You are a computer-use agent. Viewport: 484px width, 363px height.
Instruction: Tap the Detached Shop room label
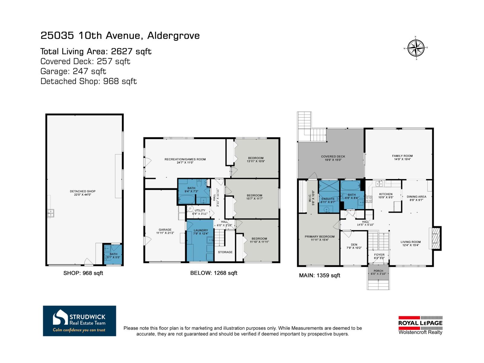pyautogui.click(x=83, y=191)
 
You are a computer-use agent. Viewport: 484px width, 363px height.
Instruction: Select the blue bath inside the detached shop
pyautogui.click(x=113, y=254)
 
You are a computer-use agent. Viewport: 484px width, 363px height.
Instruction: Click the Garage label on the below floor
pyautogui.click(x=165, y=230)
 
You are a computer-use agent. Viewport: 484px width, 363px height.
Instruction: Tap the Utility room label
pyautogui.click(x=200, y=211)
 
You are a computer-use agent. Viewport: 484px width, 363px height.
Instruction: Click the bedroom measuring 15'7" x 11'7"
pyautogui.click(x=254, y=197)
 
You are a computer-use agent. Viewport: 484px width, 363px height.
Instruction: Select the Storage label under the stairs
pyautogui.click(x=225, y=252)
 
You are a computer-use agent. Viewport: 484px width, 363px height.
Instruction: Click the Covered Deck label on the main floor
pyautogui.click(x=333, y=157)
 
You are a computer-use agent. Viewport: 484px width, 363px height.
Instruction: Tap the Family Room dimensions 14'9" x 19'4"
pyautogui.click(x=402, y=159)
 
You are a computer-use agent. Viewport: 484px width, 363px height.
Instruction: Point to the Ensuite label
pyautogui.click(x=328, y=199)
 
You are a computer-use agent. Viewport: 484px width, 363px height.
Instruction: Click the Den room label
pyautogui.click(x=354, y=245)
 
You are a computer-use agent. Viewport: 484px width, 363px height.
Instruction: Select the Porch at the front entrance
pyautogui.click(x=378, y=272)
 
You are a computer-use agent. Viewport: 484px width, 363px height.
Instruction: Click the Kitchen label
pyautogui.click(x=386, y=194)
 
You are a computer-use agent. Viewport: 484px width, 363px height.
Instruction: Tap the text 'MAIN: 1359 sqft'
pyautogui.click(x=319, y=276)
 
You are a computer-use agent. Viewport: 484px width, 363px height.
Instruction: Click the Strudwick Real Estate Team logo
pyautogui.click(x=80, y=321)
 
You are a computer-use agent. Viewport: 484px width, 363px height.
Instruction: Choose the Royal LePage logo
pyautogui.click(x=420, y=325)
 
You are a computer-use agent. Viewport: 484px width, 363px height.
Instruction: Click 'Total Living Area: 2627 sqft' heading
pyautogui.click(x=96, y=51)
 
